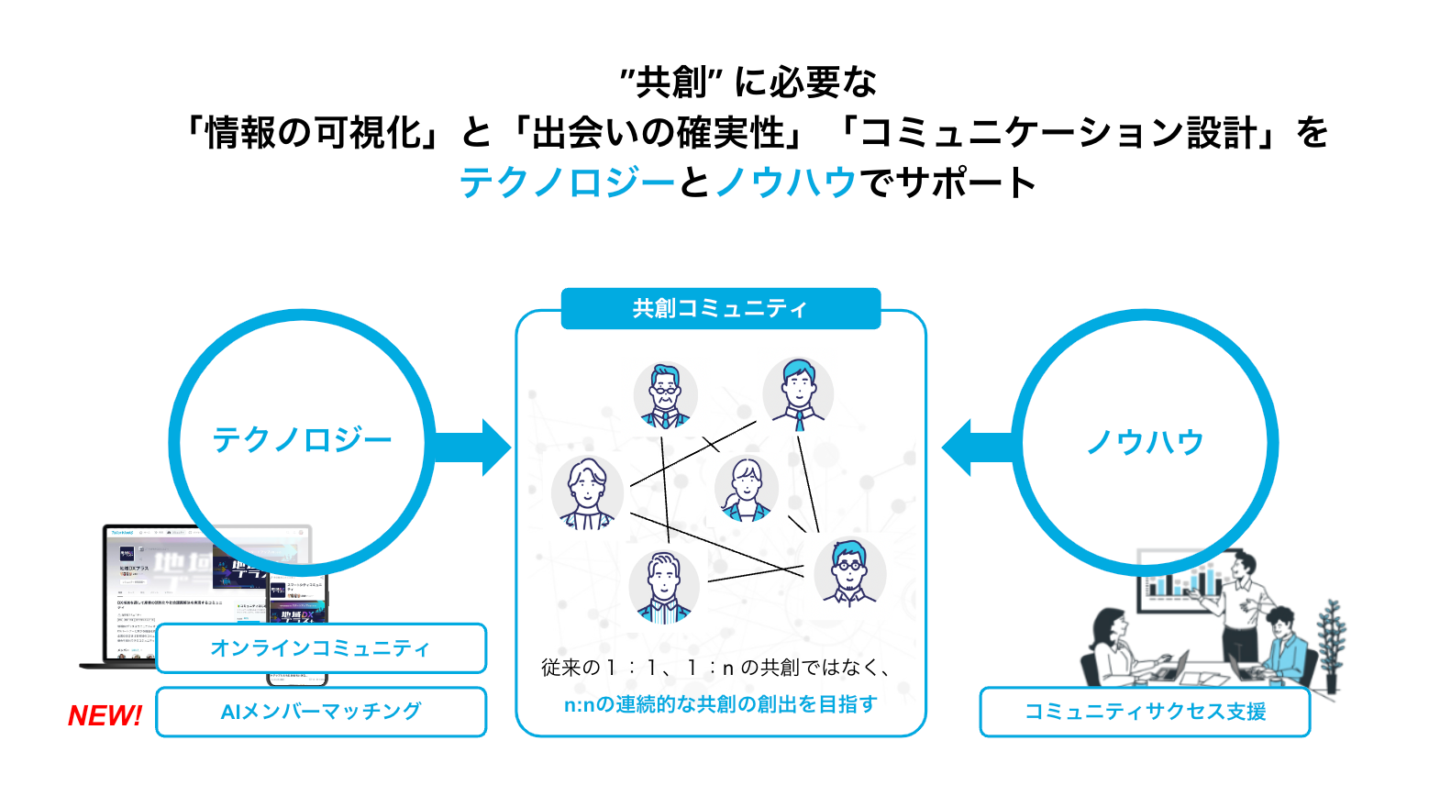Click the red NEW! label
coord(105,715)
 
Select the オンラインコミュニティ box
coord(320,648)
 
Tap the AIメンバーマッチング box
coord(320,712)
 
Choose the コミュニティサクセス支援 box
coord(1145,712)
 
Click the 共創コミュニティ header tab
coord(720,309)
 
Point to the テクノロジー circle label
coord(302,440)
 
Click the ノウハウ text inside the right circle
coord(1145,442)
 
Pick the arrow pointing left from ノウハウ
coord(978,448)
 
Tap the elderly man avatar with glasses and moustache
coord(665,394)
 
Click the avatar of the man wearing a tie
coord(798,392)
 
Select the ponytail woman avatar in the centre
coord(746,488)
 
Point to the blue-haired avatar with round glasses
coord(849,570)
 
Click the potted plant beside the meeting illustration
coord(1331,642)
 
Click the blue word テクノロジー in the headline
coord(567,182)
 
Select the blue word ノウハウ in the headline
coord(785,182)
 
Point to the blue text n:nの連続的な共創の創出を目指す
coord(720,704)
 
